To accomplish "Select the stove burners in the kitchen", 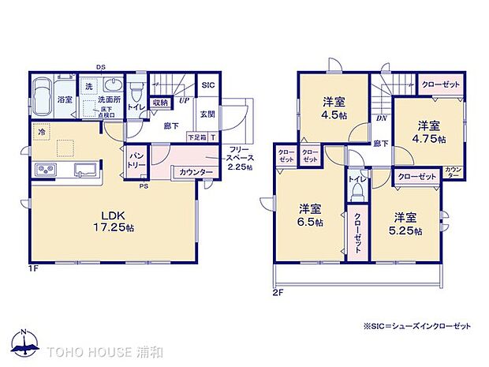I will click(x=44, y=170).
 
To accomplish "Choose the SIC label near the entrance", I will click(x=207, y=85).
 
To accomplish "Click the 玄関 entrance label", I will click(x=207, y=114).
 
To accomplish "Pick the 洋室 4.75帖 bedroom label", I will click(x=431, y=132).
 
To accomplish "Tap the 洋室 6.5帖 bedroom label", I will click(x=310, y=215).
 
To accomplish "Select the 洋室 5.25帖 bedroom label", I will click(x=407, y=223).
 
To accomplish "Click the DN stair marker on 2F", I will click(x=381, y=118).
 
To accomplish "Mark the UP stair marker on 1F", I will click(x=183, y=101).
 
